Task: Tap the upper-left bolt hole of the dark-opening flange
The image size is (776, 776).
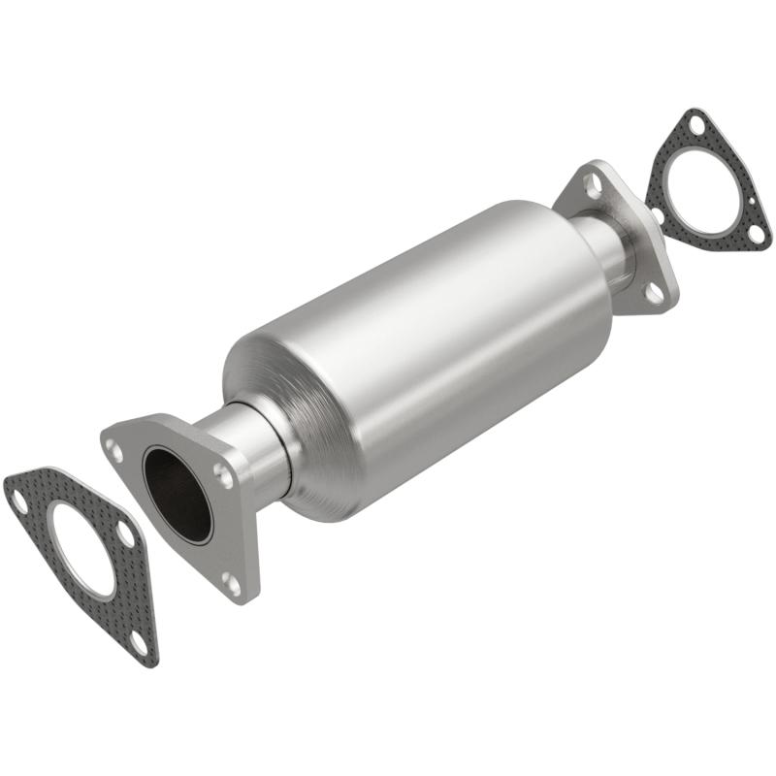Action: click(x=115, y=450)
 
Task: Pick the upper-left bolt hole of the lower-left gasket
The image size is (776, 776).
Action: click(x=18, y=499)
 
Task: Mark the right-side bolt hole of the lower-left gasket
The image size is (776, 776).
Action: click(x=127, y=533)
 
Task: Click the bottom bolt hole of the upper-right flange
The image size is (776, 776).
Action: click(x=654, y=292)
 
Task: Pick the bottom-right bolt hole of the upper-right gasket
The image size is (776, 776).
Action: click(x=757, y=234)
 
